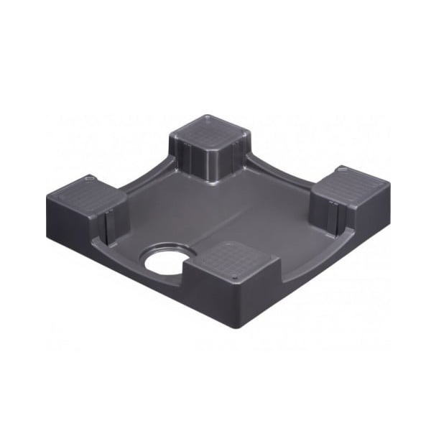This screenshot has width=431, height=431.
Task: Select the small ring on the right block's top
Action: pyautogui.click(x=343, y=170)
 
